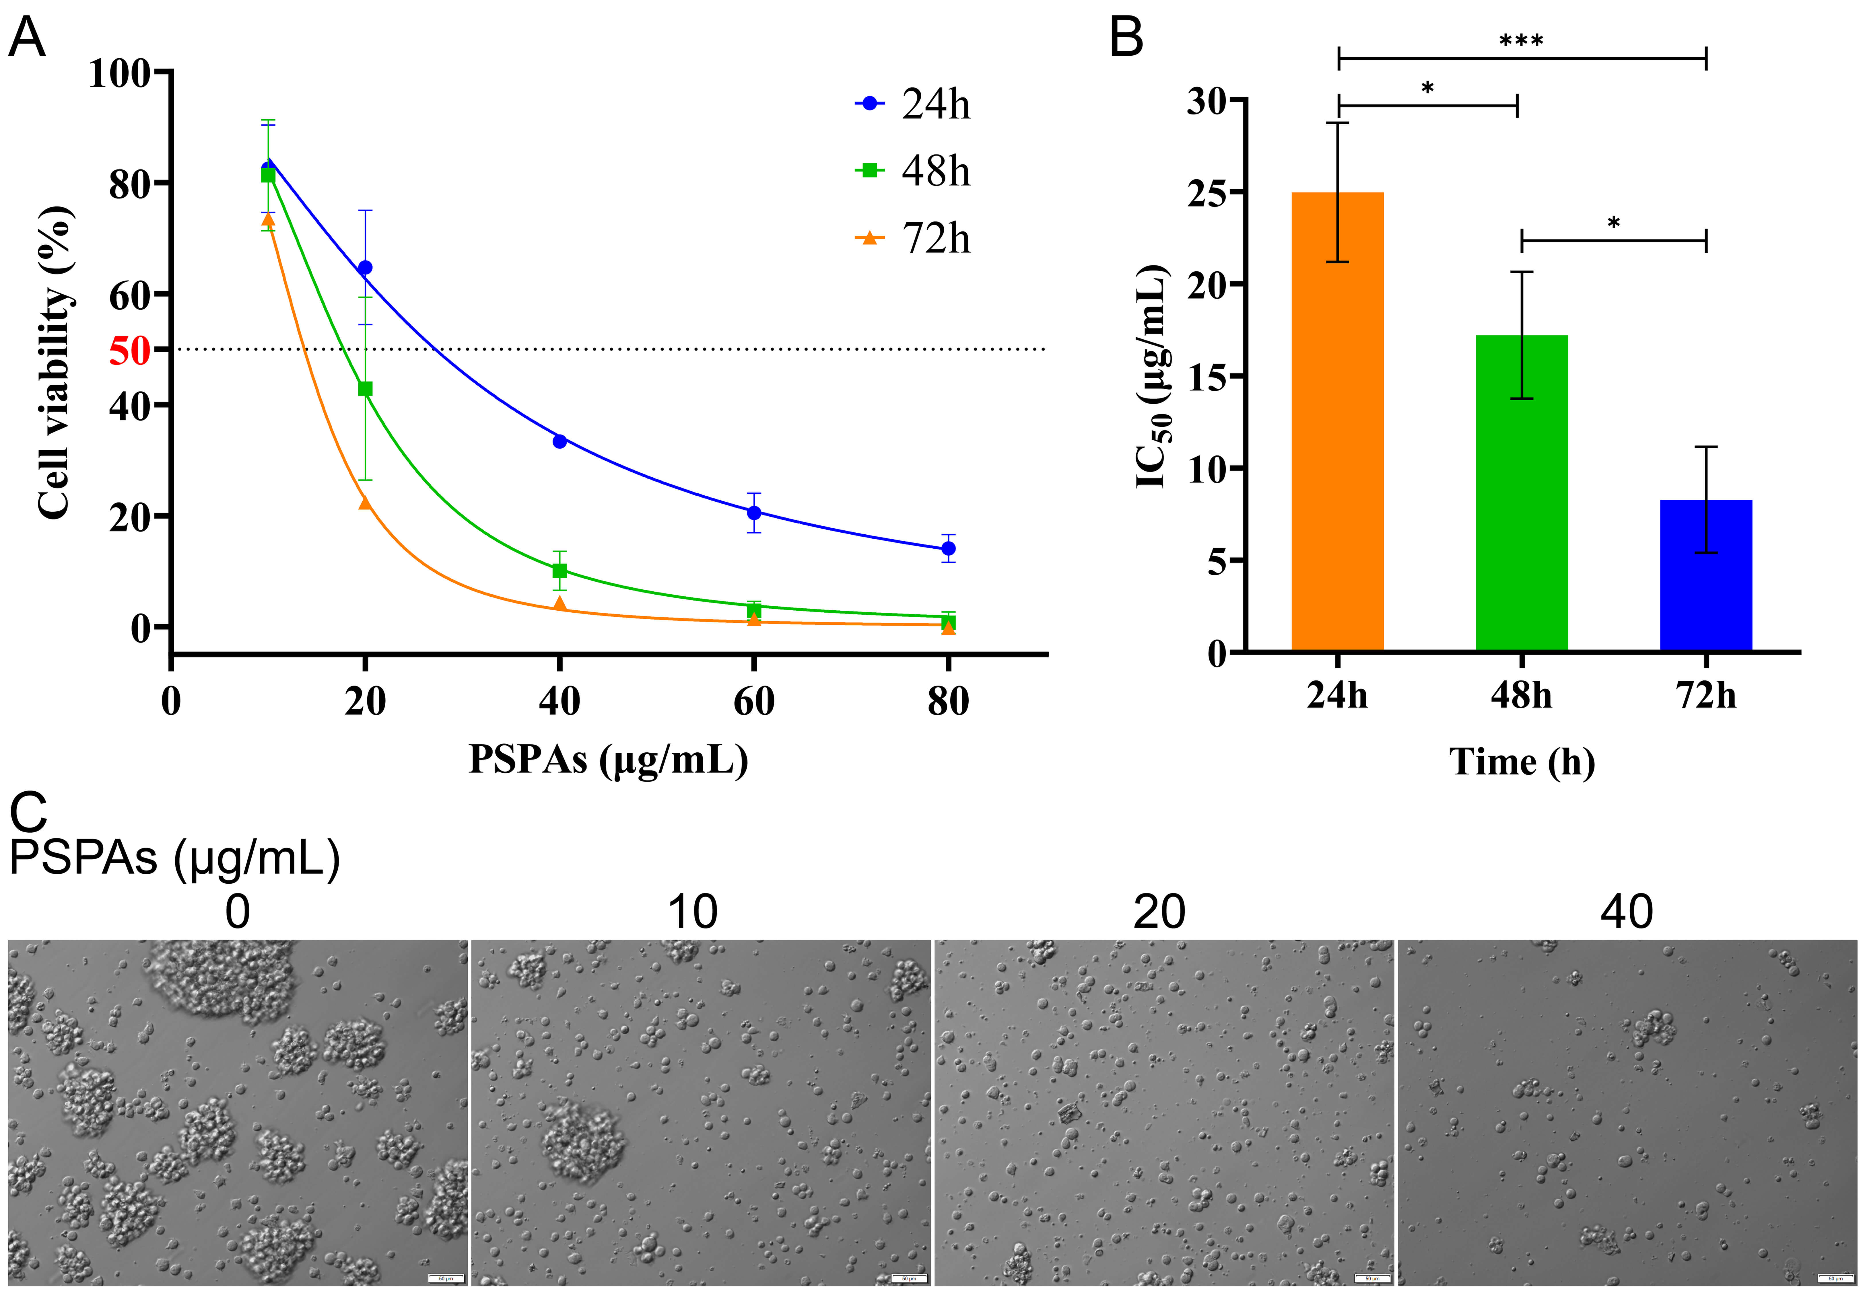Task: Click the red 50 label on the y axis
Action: [130, 351]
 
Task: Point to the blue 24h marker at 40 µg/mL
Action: [559, 441]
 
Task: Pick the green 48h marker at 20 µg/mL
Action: [366, 389]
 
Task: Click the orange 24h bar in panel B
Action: [1337, 421]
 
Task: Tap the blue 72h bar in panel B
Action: [1706, 575]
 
